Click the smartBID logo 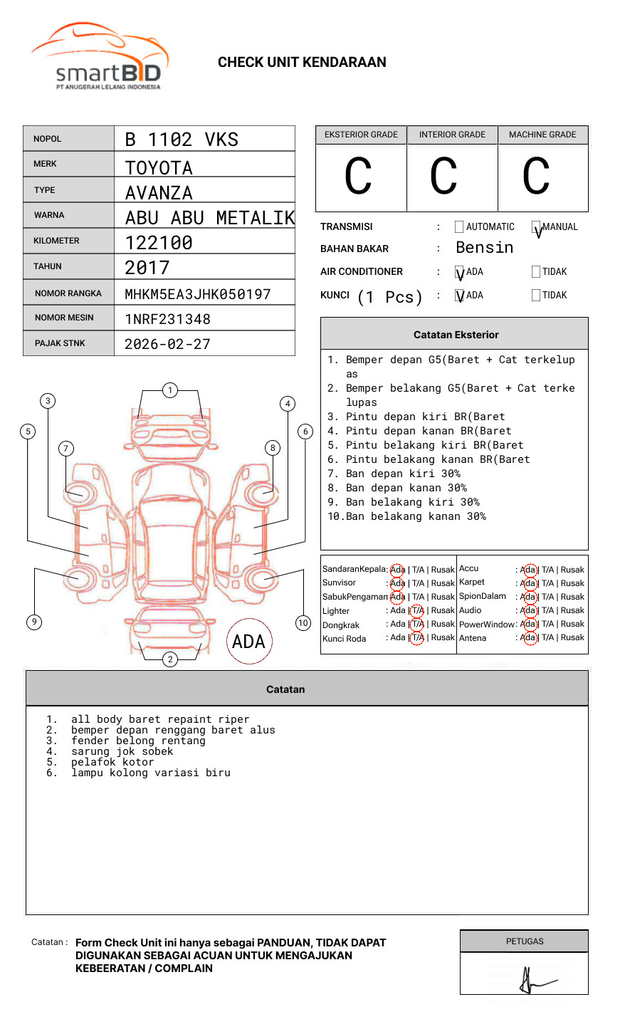click(x=100, y=57)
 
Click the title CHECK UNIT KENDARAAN click(x=302, y=63)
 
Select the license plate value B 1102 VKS click(x=182, y=140)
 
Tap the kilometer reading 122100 click(x=159, y=243)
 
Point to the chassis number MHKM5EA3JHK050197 click(x=198, y=294)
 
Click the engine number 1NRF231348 click(x=167, y=319)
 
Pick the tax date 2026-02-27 click(x=167, y=344)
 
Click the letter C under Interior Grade click(x=443, y=177)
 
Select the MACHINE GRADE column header click(x=542, y=135)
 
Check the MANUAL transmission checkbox click(x=537, y=228)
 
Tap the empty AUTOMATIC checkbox click(x=459, y=227)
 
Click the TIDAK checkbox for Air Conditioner click(x=536, y=272)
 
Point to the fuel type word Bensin click(x=484, y=248)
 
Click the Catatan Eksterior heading click(x=456, y=335)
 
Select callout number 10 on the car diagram click(x=303, y=623)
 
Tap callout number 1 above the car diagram click(x=169, y=390)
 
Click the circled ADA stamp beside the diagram click(x=248, y=642)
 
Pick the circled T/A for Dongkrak click(x=417, y=625)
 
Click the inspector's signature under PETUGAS click(x=534, y=981)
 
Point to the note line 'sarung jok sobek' click(x=122, y=751)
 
